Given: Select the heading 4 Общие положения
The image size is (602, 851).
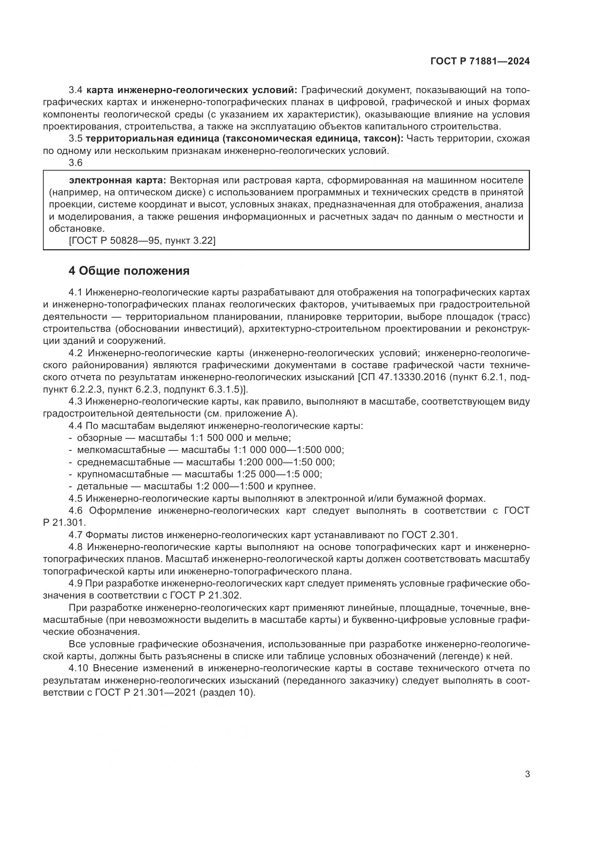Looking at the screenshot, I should pyautogui.click(x=129, y=271).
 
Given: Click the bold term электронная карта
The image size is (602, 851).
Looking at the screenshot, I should pyautogui.click(x=118, y=180).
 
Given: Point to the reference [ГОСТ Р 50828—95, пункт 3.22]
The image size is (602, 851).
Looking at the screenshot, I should pyautogui.click(x=142, y=240).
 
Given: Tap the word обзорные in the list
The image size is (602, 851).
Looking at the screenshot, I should pyautogui.click(x=99, y=438).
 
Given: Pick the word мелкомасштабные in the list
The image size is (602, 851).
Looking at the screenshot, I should pyautogui.click(x=121, y=450).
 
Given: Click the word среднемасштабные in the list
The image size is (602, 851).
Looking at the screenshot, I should pyautogui.click(x=123, y=462).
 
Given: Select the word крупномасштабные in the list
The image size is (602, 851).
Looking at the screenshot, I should pyautogui.click(x=123, y=474).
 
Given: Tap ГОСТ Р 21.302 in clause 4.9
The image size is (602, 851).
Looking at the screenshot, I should pyautogui.click(x=205, y=596).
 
